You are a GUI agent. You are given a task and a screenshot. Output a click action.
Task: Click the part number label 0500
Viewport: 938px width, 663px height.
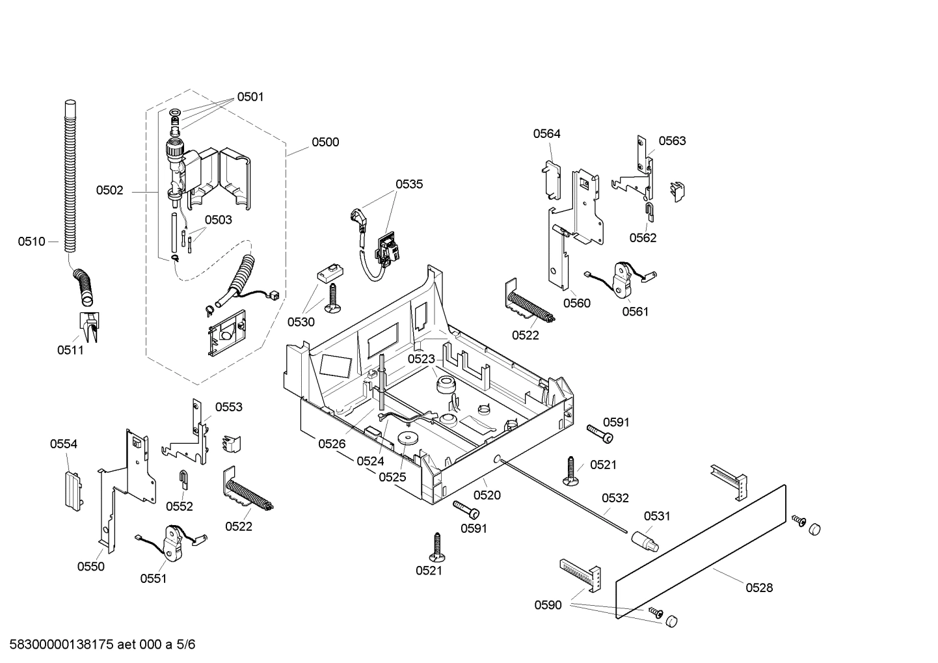point(325,142)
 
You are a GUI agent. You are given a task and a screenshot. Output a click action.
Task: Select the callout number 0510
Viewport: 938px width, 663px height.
point(31,241)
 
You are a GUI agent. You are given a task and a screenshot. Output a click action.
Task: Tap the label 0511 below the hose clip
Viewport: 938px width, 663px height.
point(70,351)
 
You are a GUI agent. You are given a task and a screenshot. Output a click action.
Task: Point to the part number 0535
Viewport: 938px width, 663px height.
point(409,183)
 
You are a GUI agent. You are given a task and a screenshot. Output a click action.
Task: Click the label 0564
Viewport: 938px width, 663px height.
point(546,133)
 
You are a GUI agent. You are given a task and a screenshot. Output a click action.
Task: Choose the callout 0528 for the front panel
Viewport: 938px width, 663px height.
point(759,588)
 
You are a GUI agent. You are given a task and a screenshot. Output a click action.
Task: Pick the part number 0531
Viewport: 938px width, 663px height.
point(657,516)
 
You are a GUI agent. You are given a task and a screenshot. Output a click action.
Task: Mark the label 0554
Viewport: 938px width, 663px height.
point(64,444)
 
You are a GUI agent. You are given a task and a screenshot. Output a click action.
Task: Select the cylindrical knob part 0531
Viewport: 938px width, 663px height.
point(643,539)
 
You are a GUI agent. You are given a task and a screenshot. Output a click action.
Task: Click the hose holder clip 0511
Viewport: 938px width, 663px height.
point(88,326)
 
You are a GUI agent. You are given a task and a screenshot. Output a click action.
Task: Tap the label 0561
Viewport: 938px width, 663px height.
point(636,311)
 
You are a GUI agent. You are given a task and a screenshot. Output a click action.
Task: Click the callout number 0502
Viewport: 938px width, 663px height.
point(110,190)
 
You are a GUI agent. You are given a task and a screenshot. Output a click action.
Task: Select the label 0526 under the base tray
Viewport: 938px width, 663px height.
point(332,444)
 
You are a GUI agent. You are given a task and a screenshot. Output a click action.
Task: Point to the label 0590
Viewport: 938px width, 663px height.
point(548,605)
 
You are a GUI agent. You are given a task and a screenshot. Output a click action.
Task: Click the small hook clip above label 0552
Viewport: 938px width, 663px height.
point(184,479)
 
